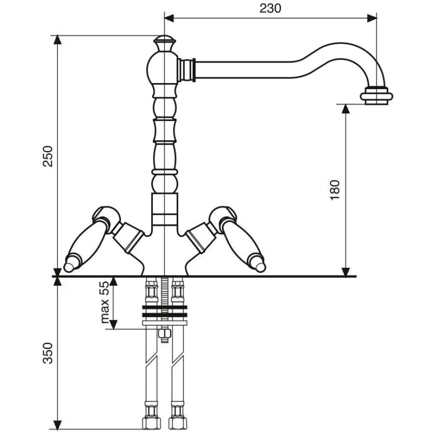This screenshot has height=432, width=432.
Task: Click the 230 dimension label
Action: pyautogui.click(x=270, y=8)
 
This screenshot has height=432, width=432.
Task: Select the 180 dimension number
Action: pyautogui.click(x=335, y=190)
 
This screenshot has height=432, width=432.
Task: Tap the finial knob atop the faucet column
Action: pyautogui.click(x=164, y=42)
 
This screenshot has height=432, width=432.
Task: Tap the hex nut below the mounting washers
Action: pyautogui.click(x=164, y=335)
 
